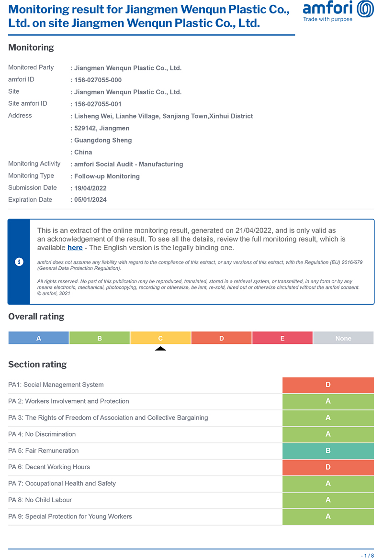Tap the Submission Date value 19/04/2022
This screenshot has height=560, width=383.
click(90, 188)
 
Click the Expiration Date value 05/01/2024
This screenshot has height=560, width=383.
click(90, 200)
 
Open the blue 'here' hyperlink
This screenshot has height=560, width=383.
click(75, 248)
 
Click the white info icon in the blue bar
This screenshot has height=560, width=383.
click(19, 262)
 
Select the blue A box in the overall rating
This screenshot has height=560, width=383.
click(39, 338)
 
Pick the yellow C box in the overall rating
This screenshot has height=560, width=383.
click(160, 338)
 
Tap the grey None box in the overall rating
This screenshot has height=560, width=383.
click(343, 338)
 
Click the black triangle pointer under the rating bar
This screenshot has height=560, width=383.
click(160, 349)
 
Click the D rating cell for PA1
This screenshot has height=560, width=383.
click(328, 385)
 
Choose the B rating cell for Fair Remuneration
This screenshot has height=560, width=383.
click(328, 451)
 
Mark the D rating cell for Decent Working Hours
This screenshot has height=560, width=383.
click(328, 467)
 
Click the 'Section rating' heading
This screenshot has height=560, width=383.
click(37, 364)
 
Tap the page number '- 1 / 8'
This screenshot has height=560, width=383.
click(367, 555)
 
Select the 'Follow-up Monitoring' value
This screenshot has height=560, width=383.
click(107, 176)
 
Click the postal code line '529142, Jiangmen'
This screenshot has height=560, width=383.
click(101, 128)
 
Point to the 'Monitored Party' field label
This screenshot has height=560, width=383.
click(31, 67)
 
